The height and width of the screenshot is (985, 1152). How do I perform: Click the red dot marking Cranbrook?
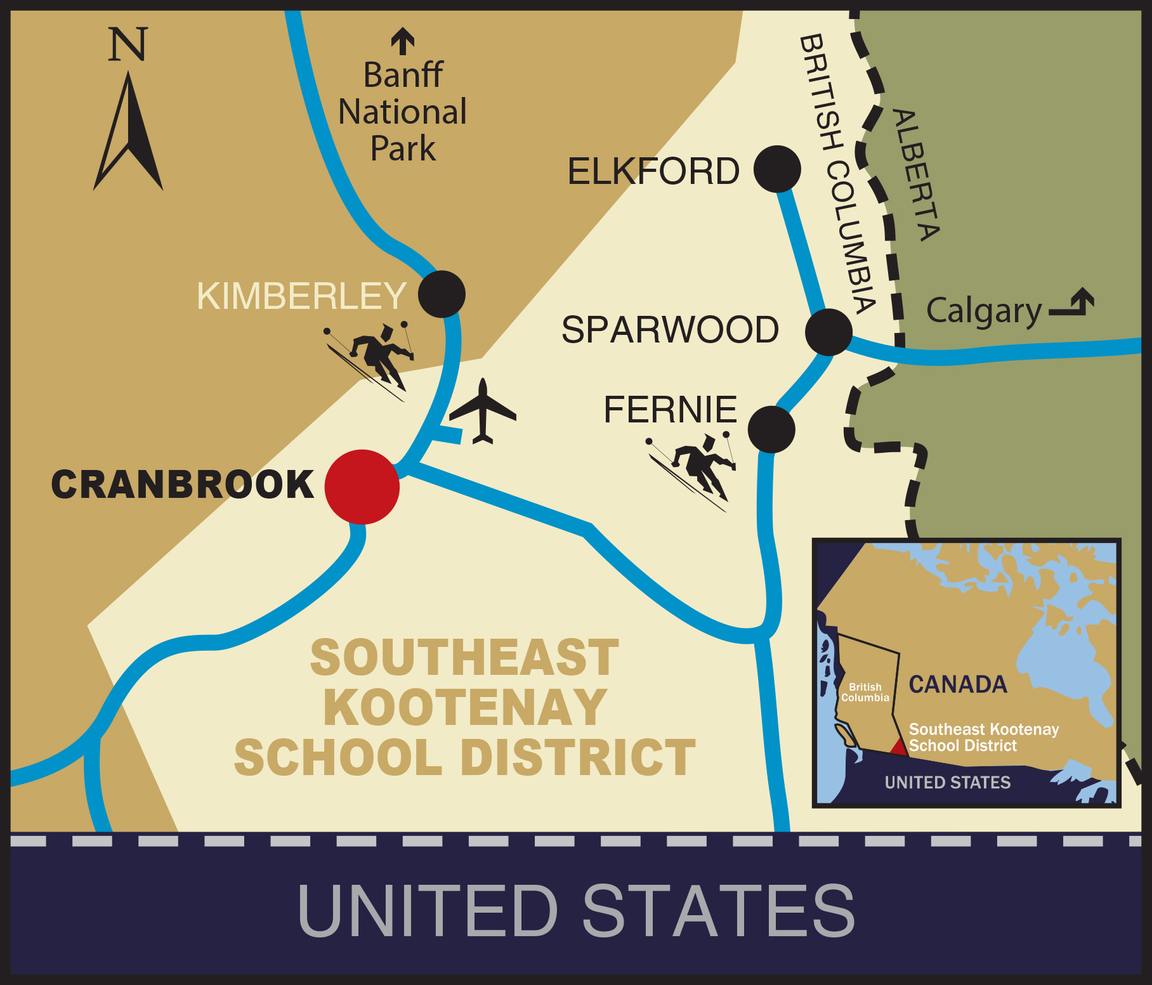(362, 486)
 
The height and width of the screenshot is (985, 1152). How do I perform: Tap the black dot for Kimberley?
(442, 294)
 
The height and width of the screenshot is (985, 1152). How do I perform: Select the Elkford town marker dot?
(777, 169)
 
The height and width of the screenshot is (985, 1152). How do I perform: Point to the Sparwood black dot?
(828, 332)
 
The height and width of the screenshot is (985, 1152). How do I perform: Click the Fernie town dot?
(771, 429)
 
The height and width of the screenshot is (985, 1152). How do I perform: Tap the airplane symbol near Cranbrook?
(483, 412)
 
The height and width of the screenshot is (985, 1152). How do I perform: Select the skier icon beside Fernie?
(695, 470)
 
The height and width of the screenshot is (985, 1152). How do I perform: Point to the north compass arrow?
(129, 133)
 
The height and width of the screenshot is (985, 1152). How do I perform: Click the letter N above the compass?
(128, 44)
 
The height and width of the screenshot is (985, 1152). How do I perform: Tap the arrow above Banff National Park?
(403, 41)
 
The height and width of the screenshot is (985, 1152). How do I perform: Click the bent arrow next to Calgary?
(1073, 303)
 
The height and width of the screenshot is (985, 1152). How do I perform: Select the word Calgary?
(984, 311)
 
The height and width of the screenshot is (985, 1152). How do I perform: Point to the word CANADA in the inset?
(958, 684)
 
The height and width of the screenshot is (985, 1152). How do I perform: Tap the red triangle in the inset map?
(899, 747)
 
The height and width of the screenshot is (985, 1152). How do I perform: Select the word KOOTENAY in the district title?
(465, 707)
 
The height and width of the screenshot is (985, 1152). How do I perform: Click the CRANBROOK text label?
(183, 485)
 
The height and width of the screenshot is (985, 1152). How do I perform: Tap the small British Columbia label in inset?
(865, 692)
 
